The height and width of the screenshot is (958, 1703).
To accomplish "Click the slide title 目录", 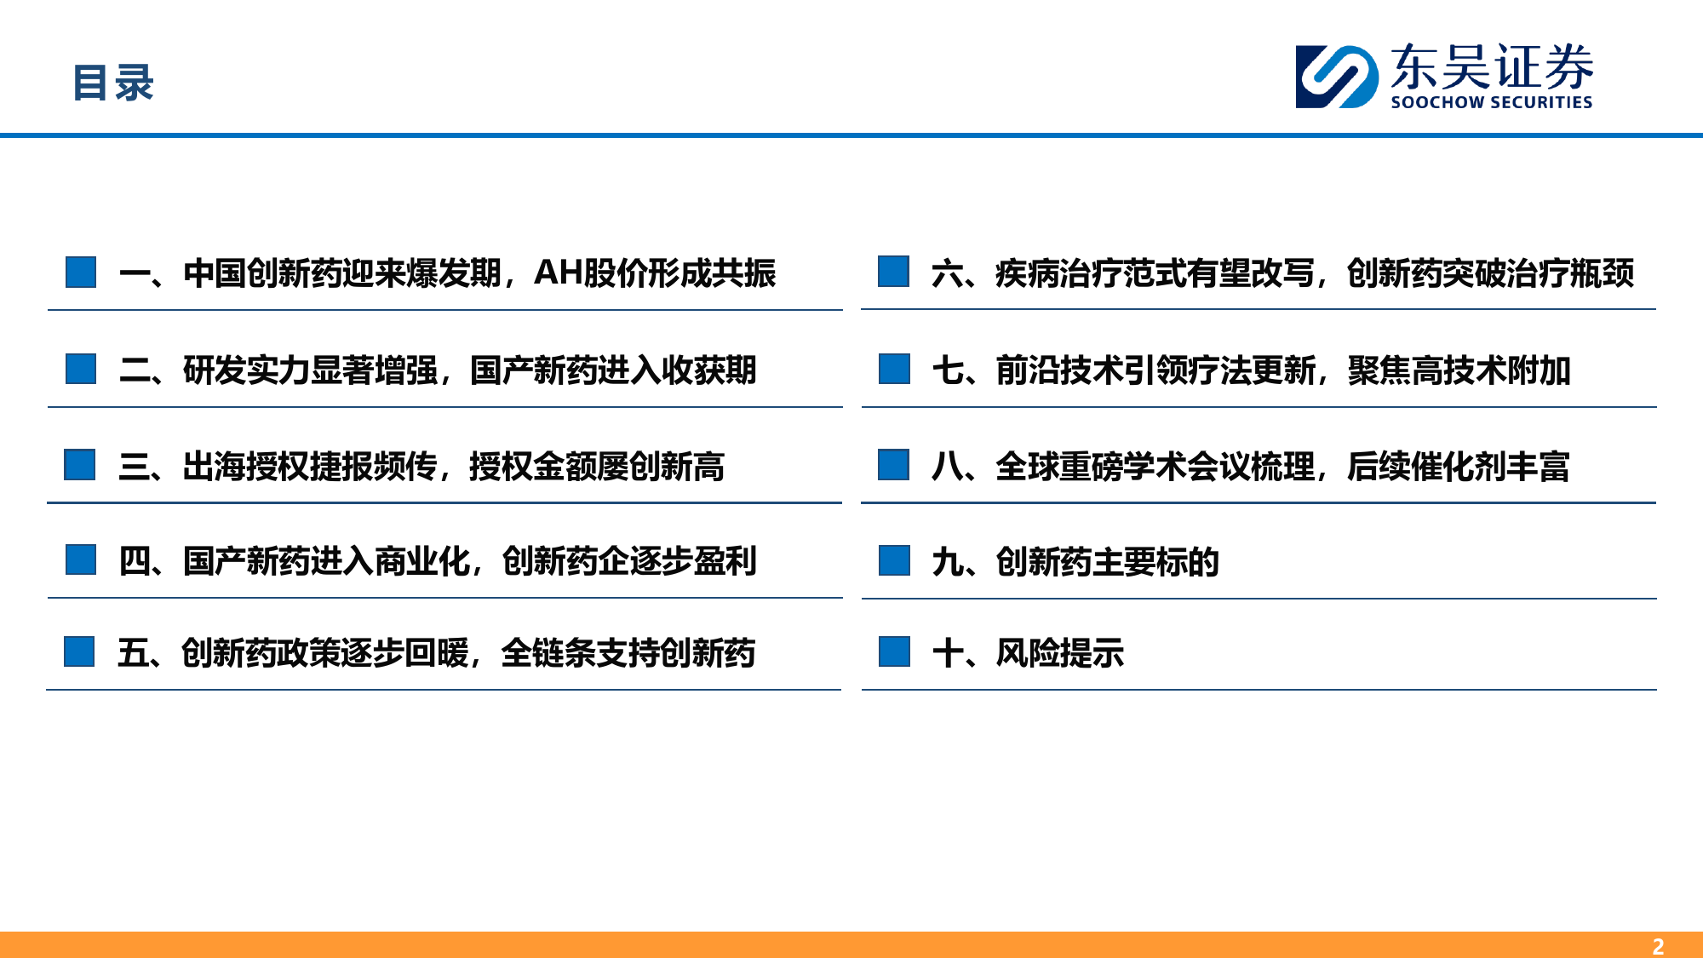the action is click(x=113, y=83).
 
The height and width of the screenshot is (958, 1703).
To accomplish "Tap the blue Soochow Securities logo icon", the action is click(x=1337, y=77).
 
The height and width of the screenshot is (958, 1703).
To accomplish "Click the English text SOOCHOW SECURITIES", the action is click(x=1491, y=102).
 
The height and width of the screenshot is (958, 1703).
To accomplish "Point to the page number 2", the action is click(x=1658, y=946).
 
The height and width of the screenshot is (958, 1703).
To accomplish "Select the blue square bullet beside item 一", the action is click(x=81, y=272).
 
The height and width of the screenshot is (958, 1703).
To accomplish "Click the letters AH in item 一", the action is click(x=558, y=272).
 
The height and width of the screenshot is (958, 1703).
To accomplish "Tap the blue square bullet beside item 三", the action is click(x=80, y=465).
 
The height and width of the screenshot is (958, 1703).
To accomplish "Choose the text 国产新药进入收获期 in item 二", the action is click(x=613, y=370).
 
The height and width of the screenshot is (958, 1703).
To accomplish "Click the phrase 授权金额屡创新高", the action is click(x=597, y=466).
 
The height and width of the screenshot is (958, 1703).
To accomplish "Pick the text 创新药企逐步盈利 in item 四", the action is click(x=629, y=561).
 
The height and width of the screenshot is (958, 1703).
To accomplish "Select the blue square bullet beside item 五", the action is click(x=79, y=651).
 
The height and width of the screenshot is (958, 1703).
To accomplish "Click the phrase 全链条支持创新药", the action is click(x=628, y=653).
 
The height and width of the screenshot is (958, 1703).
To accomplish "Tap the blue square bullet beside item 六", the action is click(x=894, y=272).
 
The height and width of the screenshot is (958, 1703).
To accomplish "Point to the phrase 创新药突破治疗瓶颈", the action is click(x=1490, y=273).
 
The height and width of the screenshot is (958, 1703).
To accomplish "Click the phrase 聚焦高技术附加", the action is click(x=1459, y=370).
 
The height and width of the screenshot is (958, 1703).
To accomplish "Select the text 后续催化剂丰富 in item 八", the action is click(x=1459, y=467).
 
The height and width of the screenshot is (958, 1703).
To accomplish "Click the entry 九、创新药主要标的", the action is click(x=1075, y=562).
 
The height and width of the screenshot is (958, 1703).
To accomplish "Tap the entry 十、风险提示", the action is click(x=1028, y=653).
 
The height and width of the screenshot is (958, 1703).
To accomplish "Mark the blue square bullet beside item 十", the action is click(x=895, y=651).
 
